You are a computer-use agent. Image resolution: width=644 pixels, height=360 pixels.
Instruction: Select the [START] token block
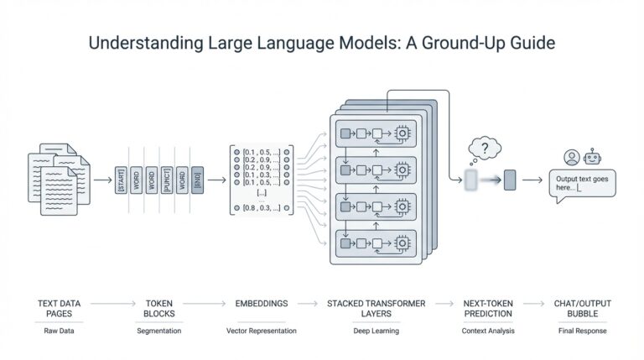[122, 180]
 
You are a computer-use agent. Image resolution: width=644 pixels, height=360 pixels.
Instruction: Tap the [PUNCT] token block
[166, 180]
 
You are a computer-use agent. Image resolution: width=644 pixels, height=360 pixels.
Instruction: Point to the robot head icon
[594, 157]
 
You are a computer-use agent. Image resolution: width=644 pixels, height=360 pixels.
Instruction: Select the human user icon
[571, 157]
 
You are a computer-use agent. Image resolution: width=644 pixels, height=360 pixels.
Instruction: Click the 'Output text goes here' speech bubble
[582, 184]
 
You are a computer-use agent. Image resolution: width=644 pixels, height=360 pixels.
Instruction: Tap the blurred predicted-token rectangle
[470, 179]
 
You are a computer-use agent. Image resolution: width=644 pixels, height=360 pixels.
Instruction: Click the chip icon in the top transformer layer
[402, 133]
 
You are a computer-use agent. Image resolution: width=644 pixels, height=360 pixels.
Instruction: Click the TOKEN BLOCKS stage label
[158, 307]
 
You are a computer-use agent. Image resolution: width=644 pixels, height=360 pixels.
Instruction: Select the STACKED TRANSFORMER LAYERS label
[376, 307]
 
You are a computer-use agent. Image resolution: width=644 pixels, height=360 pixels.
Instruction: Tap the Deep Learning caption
[376, 331]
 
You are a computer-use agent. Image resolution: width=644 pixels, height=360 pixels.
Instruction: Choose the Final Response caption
[582, 331]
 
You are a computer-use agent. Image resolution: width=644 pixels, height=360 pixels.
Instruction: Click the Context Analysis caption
[487, 331]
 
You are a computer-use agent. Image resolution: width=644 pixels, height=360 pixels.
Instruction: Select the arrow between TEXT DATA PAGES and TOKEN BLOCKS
[112, 302]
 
